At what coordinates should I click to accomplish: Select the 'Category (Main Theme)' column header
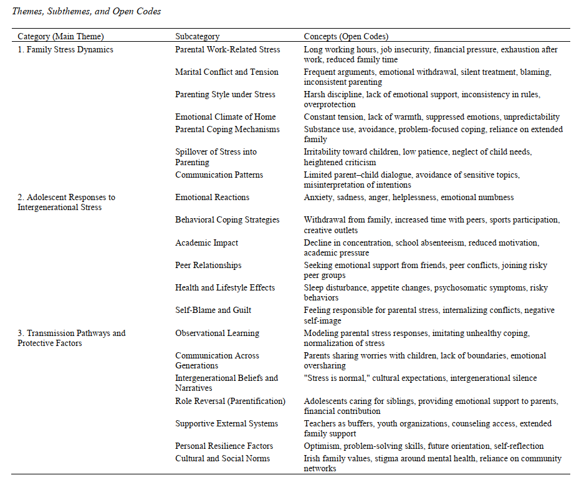coord(60,37)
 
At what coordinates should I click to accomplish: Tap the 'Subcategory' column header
coord(197,37)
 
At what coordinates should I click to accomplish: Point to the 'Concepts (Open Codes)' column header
coord(346,37)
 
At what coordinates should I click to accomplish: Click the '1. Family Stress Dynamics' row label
coord(65,49)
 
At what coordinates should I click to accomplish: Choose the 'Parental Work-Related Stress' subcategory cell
coord(227,49)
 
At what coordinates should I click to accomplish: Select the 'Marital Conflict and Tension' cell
coord(226,72)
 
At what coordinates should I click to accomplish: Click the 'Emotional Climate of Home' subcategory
coord(225,117)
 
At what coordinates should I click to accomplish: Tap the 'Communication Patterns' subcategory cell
coord(219,175)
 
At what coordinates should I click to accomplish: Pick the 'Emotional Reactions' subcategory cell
coord(212,197)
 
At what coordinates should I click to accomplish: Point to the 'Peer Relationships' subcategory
coord(208,265)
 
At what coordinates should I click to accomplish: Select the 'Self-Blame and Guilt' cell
coord(213,310)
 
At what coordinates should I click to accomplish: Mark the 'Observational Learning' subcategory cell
coord(217,333)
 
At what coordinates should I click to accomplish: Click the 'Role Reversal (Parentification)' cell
coord(230,401)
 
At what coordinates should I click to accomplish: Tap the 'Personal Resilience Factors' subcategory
coord(224,446)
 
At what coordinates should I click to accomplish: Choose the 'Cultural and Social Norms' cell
coord(223,458)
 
